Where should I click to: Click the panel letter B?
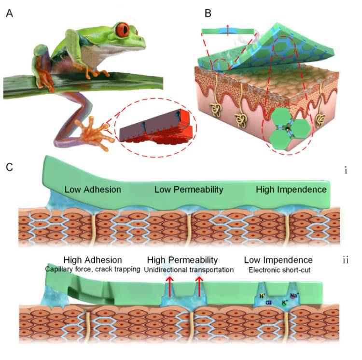208,13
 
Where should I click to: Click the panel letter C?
9,167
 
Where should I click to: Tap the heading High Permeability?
182,259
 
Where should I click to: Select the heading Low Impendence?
278,259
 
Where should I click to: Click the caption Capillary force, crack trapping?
92,269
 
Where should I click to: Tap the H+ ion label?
263,295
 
